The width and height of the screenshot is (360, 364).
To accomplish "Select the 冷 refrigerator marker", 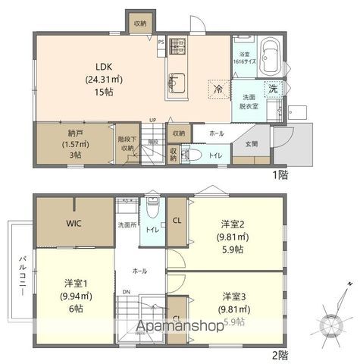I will tap(218, 89).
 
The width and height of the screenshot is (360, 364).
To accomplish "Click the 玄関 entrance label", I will tap(251, 144).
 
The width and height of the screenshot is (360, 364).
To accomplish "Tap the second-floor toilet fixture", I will tap(154, 207).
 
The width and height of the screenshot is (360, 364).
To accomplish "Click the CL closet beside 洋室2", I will tap(176, 221).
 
